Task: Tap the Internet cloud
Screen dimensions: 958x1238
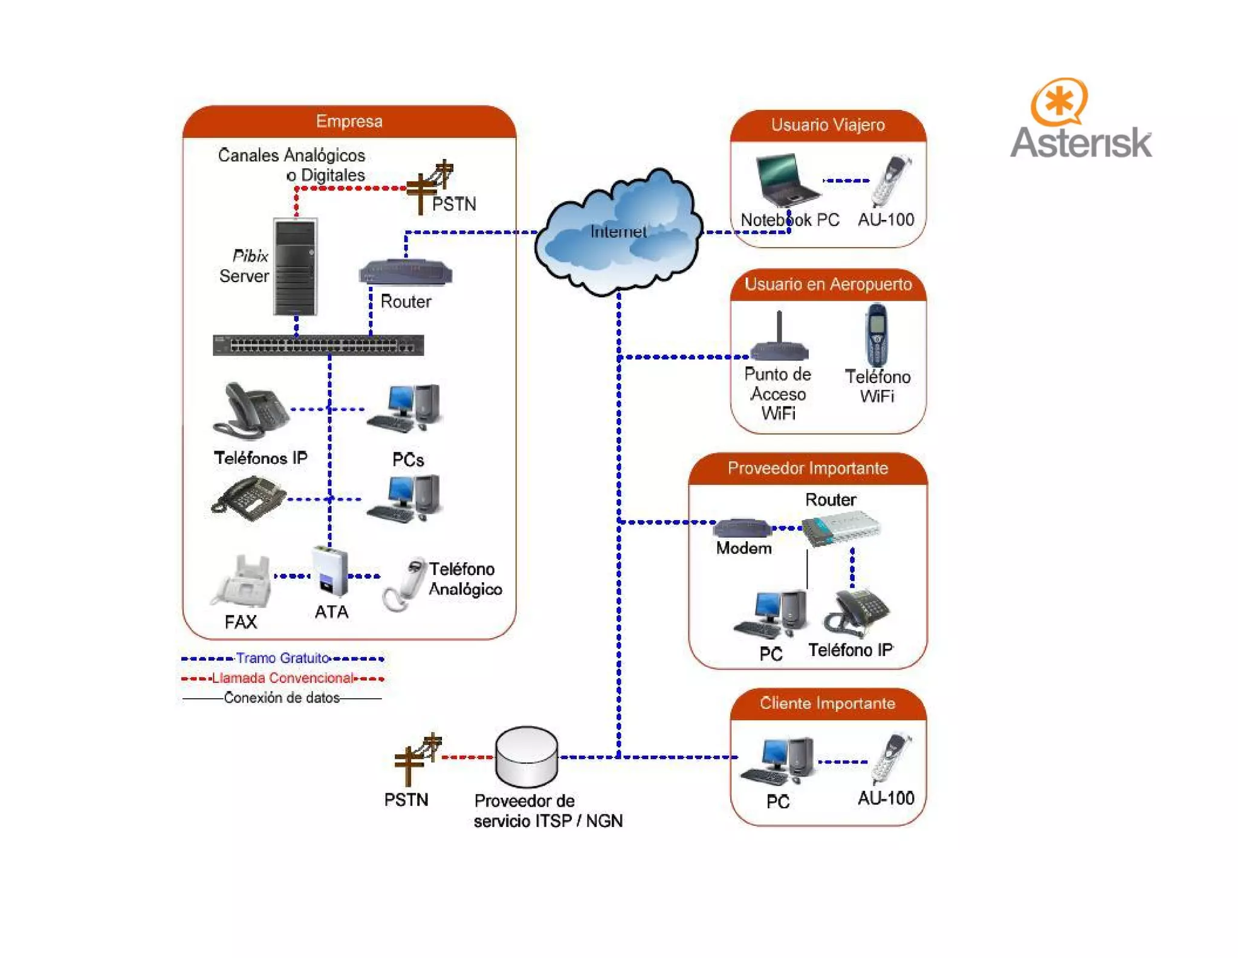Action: click(x=618, y=233)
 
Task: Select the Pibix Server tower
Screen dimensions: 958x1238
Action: click(x=295, y=267)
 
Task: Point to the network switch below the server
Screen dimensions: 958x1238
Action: click(x=318, y=345)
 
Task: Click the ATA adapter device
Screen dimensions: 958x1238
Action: click(x=329, y=571)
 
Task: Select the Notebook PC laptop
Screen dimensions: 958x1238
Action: click(x=785, y=179)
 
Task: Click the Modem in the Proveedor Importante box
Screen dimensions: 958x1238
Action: click(x=742, y=528)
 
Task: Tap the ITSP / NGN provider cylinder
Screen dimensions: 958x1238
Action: click(x=526, y=757)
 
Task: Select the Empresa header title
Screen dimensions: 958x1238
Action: click(x=349, y=121)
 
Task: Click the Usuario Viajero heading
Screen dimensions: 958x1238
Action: click(x=828, y=125)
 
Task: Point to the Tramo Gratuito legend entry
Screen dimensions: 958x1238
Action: click(x=282, y=658)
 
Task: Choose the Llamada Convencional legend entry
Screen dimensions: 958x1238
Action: click(x=282, y=678)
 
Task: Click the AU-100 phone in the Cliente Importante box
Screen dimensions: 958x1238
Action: click(x=891, y=758)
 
